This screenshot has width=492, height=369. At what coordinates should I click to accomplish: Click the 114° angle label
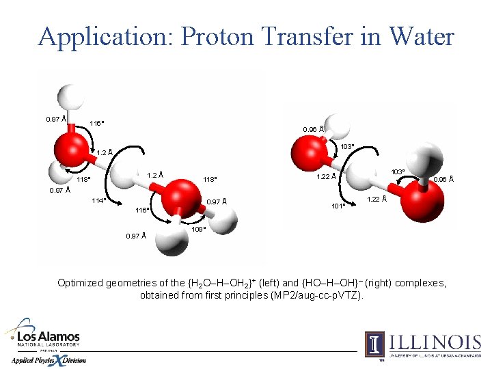(x=98, y=201)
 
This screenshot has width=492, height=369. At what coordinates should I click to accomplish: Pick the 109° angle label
(x=199, y=229)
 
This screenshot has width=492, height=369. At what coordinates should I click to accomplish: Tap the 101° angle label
(x=338, y=206)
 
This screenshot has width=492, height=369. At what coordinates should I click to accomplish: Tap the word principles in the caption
(x=243, y=295)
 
